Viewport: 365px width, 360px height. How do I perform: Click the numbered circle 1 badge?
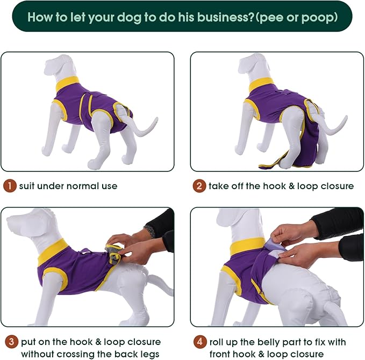(x=10, y=186)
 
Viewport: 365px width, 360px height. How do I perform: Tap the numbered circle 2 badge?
(x=199, y=186)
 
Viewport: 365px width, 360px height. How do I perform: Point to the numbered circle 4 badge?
(x=199, y=341)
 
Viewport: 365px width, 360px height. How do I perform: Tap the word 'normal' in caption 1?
(x=79, y=186)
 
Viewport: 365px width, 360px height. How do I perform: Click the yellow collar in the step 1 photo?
(x=67, y=84)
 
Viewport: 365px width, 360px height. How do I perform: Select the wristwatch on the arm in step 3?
(x=150, y=231)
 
